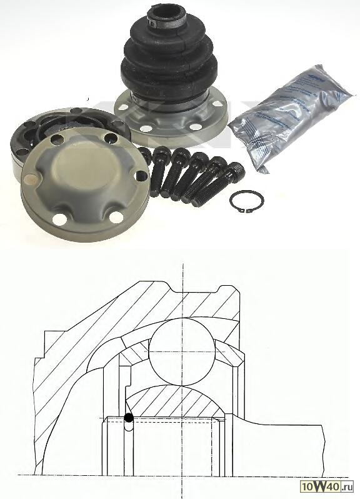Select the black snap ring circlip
tap(246, 201)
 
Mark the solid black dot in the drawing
tap(129, 418)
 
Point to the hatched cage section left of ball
tap(134, 356)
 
